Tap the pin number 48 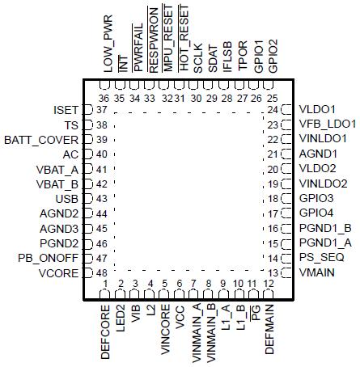pyautogui.click(x=103, y=272)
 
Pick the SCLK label pyautogui.click(x=197, y=61)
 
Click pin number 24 pyautogui.click(x=273, y=109)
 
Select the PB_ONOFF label pyautogui.click(x=49, y=258)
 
